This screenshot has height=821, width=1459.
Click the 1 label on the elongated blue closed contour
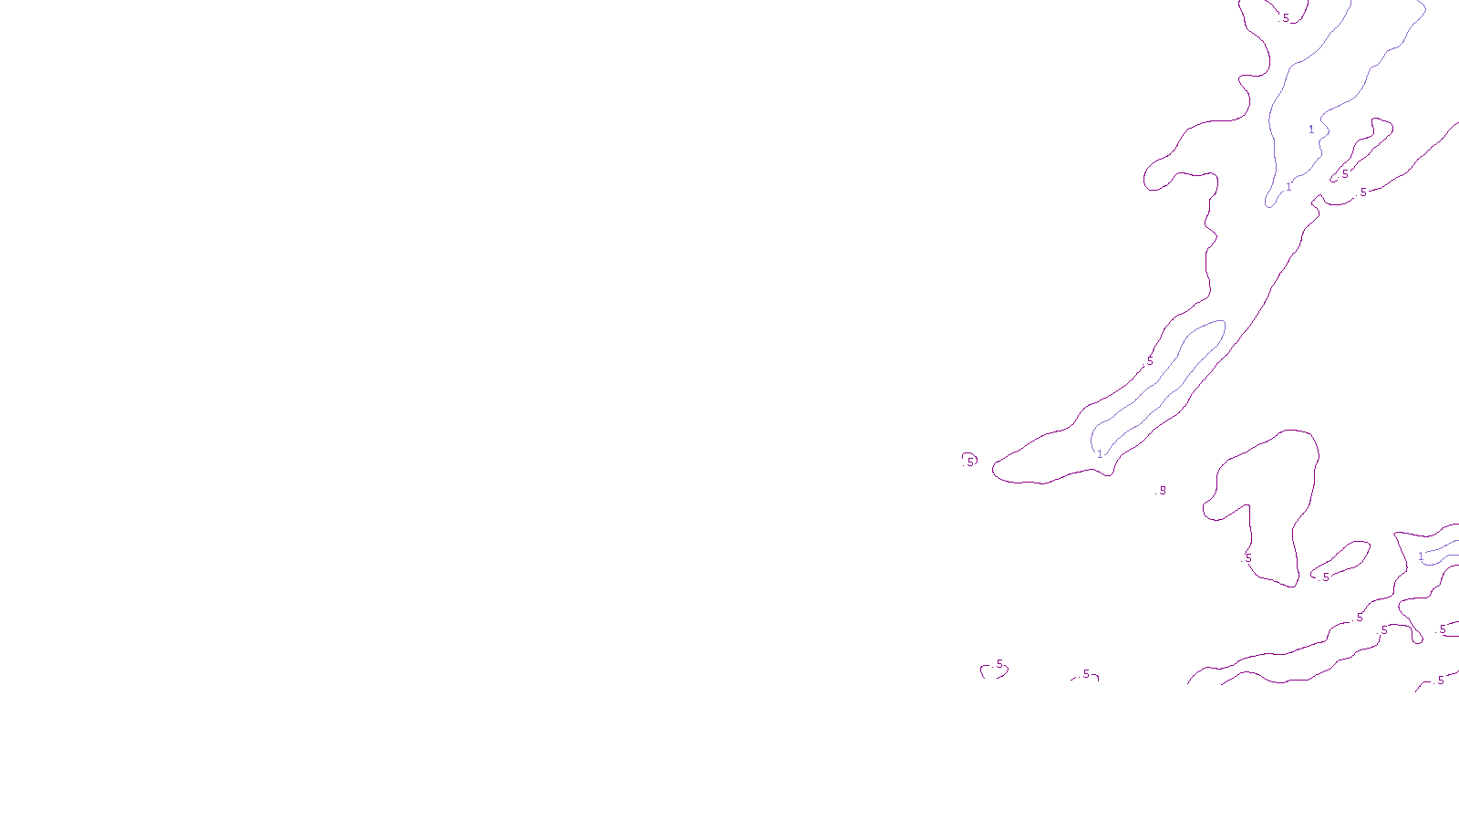[x=1100, y=453]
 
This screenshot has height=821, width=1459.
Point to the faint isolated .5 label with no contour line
[x=1162, y=491]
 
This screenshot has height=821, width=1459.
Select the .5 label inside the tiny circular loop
[x=969, y=462]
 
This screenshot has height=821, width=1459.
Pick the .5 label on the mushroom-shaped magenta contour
[x=1247, y=557]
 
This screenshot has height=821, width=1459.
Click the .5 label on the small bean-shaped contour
[x=1325, y=577]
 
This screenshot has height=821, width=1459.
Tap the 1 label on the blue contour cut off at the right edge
[x=1421, y=556]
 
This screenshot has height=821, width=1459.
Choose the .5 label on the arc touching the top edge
[x=1286, y=18]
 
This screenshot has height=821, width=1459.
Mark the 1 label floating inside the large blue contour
[x=1311, y=130]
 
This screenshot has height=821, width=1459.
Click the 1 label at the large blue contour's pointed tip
[x=1288, y=187]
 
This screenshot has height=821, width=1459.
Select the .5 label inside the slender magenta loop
[x=1344, y=174]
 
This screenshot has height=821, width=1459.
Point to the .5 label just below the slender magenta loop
[x=1363, y=192]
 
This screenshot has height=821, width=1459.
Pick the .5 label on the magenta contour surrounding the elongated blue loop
[x=1149, y=361]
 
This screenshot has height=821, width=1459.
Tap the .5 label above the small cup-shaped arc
[x=999, y=664]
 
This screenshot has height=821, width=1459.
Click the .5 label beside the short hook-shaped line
[x=1085, y=674]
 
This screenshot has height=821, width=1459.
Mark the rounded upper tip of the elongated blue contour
[x=1218, y=325]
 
